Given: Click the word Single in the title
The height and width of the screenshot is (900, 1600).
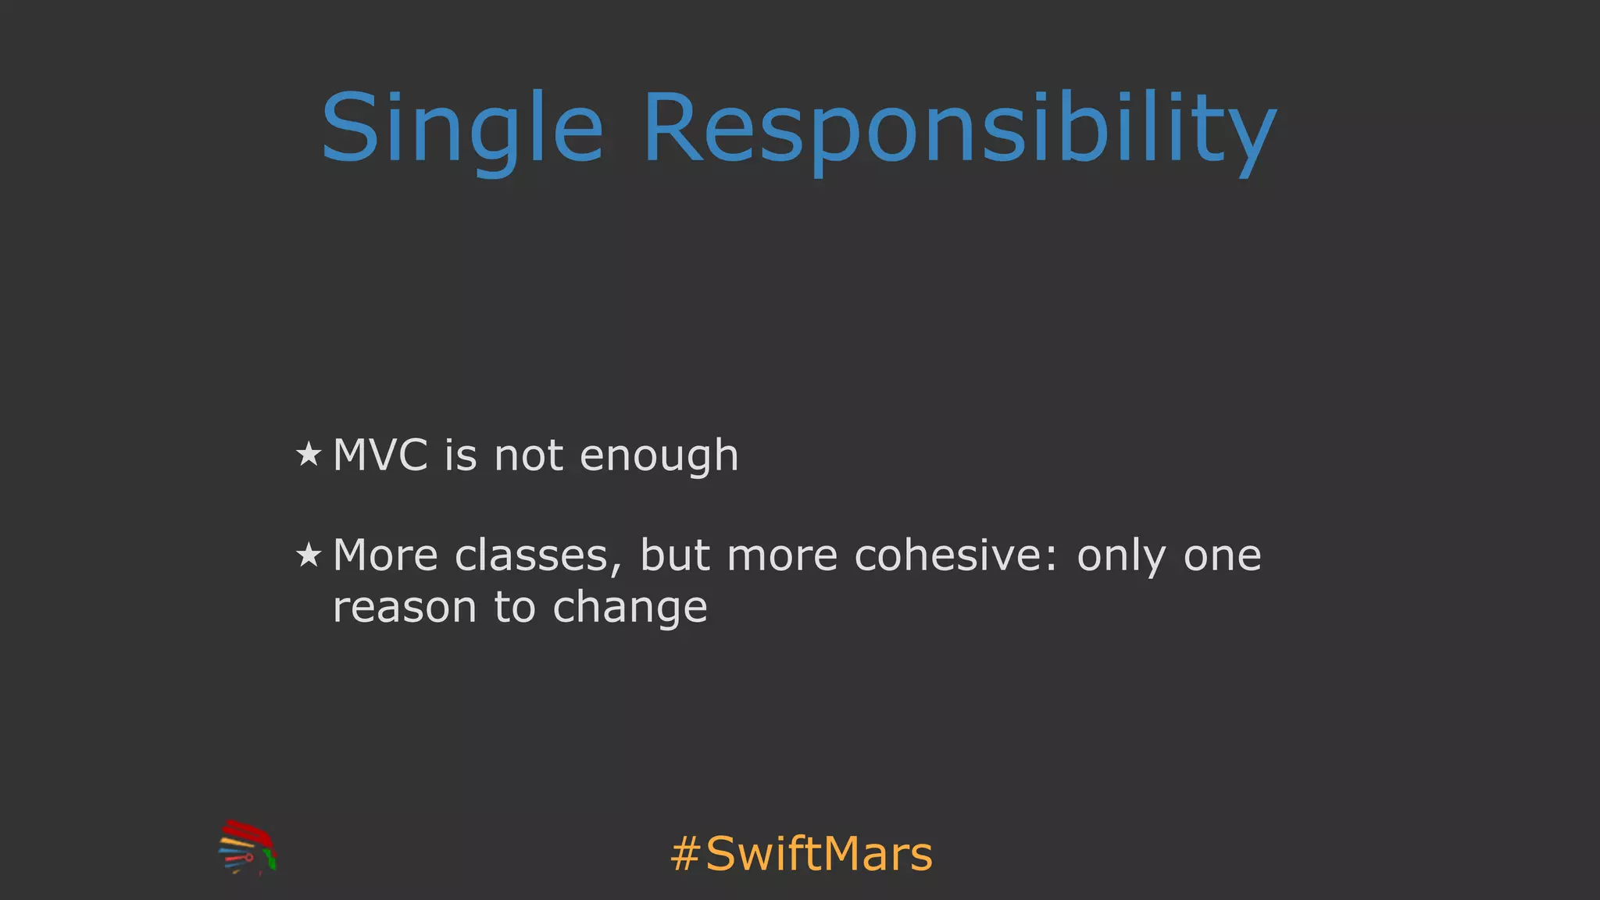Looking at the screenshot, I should coord(462,129).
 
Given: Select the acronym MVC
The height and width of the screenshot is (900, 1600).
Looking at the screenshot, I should coord(380,455).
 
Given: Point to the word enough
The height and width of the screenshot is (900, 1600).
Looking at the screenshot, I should coord(659,456).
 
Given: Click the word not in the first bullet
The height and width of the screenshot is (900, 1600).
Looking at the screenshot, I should coord(528,455).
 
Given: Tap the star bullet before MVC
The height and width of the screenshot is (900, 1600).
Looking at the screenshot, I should coord(309,454).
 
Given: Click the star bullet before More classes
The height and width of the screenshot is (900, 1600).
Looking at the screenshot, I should coord(309,555).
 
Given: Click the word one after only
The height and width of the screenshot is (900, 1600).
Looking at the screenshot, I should coord(1222,557).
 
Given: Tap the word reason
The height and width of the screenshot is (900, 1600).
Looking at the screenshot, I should coord(404,608).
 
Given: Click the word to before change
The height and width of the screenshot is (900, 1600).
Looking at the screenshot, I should coord(514,607).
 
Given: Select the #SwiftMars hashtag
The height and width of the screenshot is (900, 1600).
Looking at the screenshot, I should coord(802,853).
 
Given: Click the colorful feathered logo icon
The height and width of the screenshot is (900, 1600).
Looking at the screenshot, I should coord(248,847).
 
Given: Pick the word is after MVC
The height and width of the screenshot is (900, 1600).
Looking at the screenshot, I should coord(460,455).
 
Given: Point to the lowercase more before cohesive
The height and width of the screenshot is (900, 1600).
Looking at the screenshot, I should coord(782,557).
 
